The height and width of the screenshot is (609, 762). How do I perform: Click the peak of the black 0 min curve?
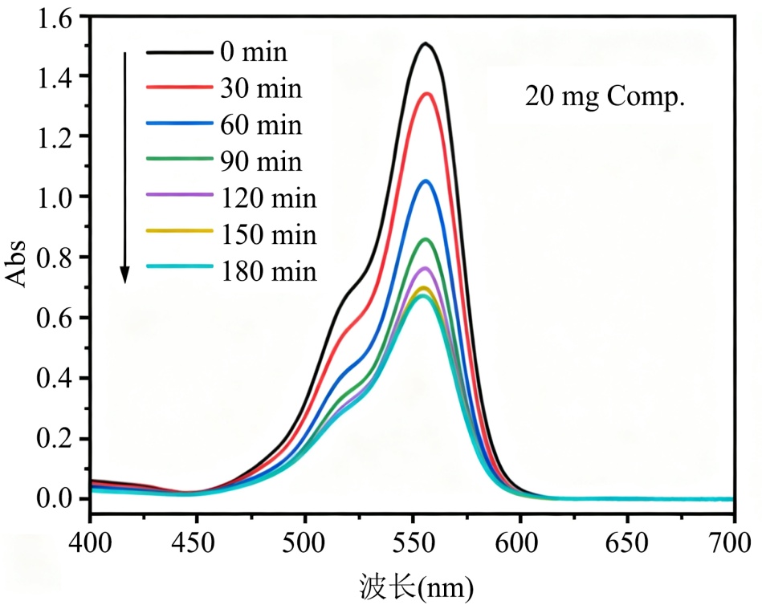coord(426,43)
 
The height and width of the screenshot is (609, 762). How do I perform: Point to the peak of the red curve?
coord(426,94)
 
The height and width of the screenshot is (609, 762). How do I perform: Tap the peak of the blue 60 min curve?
coord(425,181)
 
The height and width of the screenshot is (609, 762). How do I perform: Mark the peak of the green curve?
coord(425,239)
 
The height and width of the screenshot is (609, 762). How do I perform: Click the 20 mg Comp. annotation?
coord(605,98)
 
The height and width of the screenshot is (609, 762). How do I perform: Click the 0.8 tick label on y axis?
coord(55,258)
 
